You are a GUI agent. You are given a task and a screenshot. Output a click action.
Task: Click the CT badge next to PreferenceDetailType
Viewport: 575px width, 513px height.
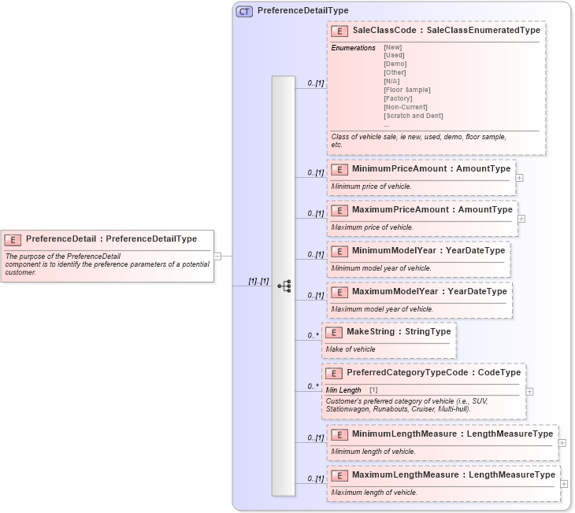pyautogui.click(x=244, y=11)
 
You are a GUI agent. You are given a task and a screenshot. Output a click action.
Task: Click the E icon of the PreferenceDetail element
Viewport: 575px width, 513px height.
pyautogui.click(x=13, y=239)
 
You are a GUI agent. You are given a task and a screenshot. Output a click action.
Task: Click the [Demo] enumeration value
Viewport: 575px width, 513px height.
pyautogui.click(x=395, y=64)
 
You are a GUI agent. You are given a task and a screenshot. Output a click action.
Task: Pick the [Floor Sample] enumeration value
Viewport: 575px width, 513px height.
pyautogui.click(x=406, y=90)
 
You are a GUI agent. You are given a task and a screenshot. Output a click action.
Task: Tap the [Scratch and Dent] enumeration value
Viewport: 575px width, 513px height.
pyautogui.click(x=413, y=116)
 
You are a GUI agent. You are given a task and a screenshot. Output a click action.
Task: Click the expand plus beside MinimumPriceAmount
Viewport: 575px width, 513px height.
pyautogui.click(x=519, y=177)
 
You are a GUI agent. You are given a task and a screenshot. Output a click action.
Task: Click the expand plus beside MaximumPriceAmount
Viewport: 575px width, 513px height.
pyautogui.click(x=521, y=219)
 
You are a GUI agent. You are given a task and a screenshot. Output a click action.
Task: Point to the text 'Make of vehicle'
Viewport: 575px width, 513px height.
pyautogui.click(x=351, y=349)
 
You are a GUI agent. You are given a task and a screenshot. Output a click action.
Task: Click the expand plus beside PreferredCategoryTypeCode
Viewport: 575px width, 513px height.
pyautogui.click(x=529, y=391)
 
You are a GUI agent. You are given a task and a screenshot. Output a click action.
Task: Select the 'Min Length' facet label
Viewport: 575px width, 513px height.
pyautogui.click(x=343, y=390)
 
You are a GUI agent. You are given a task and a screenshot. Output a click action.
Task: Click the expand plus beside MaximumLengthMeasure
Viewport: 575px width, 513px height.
pyautogui.click(x=564, y=483)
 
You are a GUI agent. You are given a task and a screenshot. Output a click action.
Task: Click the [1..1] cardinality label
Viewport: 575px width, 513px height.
pyautogui.click(x=259, y=281)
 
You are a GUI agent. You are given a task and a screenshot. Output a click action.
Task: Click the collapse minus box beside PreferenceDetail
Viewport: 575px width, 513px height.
pyautogui.click(x=217, y=255)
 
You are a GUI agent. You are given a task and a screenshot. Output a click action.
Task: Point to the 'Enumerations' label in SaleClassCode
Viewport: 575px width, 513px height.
pyautogui.click(x=353, y=48)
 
